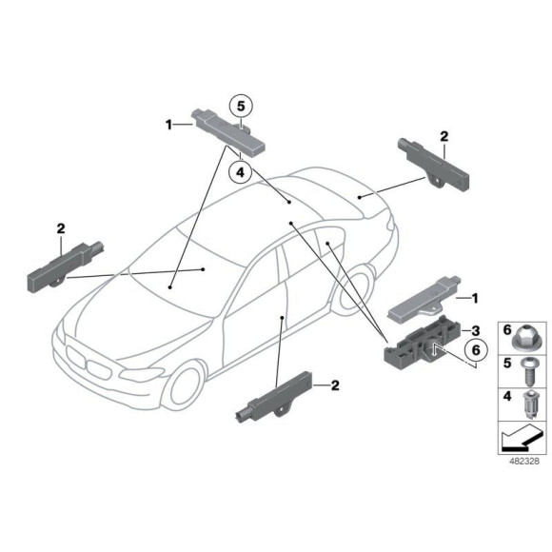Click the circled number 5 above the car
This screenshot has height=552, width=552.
[241, 107]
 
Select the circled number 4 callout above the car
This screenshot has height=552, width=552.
[241, 172]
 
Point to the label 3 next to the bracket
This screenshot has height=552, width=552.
[467, 329]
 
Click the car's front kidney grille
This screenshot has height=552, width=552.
[87, 363]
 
